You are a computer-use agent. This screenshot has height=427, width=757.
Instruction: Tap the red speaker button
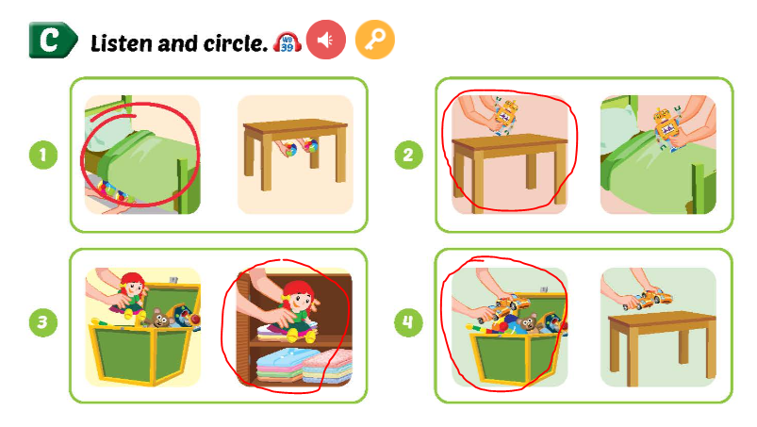tap(326, 40)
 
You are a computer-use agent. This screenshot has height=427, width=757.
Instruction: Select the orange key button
tap(374, 40)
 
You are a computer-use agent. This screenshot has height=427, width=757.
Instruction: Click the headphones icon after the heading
tap(287, 41)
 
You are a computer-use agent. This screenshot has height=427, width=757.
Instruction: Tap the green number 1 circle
tap(42, 155)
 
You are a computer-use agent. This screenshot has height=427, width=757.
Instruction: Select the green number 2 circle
tap(407, 155)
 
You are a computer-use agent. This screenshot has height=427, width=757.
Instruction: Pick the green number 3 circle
tap(42, 323)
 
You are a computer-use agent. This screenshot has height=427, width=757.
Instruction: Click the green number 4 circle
tap(407, 323)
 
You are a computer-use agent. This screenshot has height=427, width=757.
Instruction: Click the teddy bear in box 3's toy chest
tap(161, 320)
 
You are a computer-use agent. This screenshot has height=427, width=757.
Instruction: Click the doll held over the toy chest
tap(133, 290)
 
